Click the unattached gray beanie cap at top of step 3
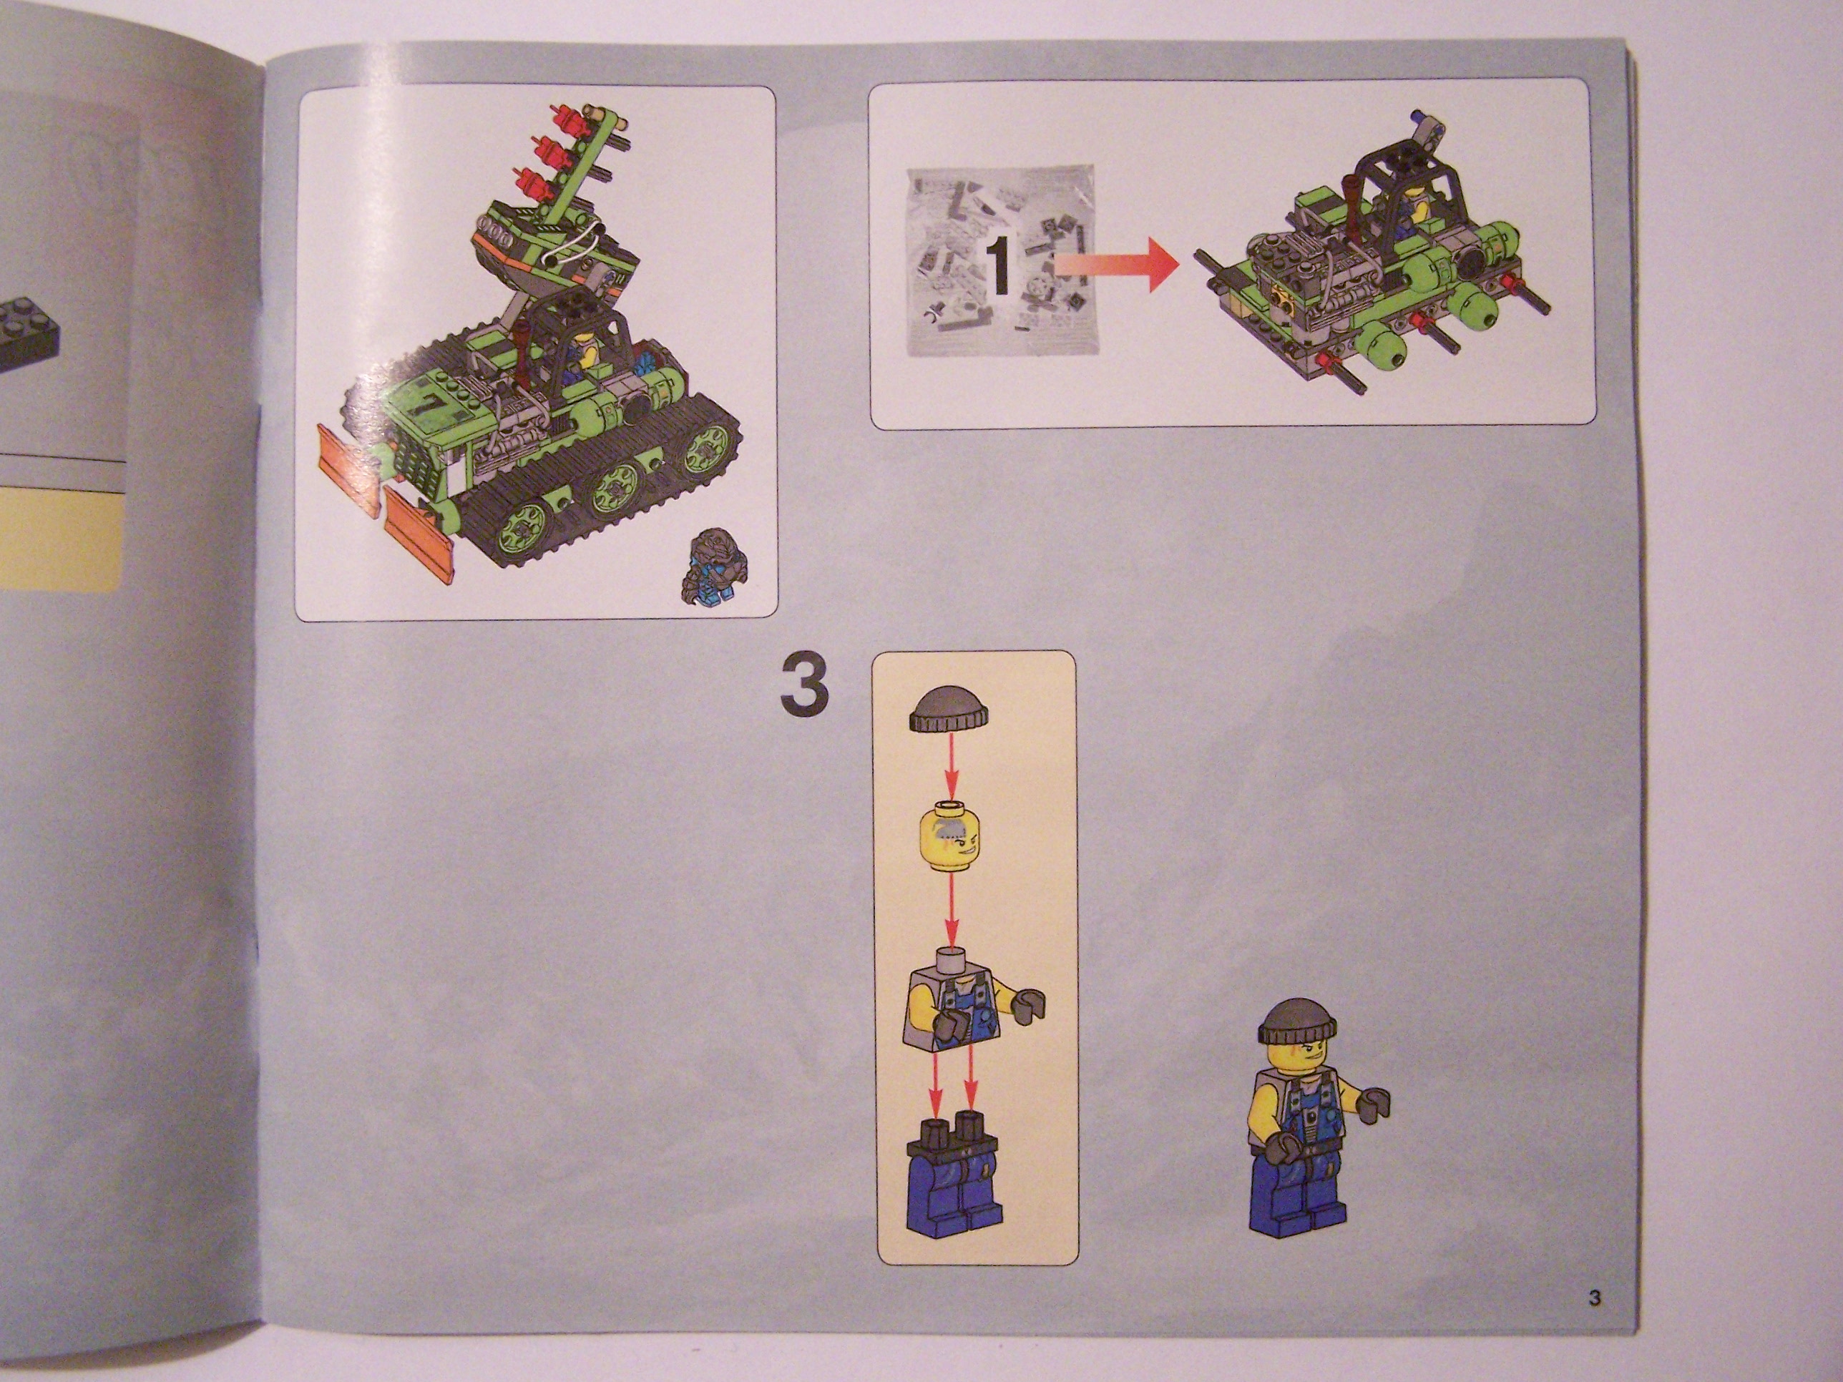coord(952,710)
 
